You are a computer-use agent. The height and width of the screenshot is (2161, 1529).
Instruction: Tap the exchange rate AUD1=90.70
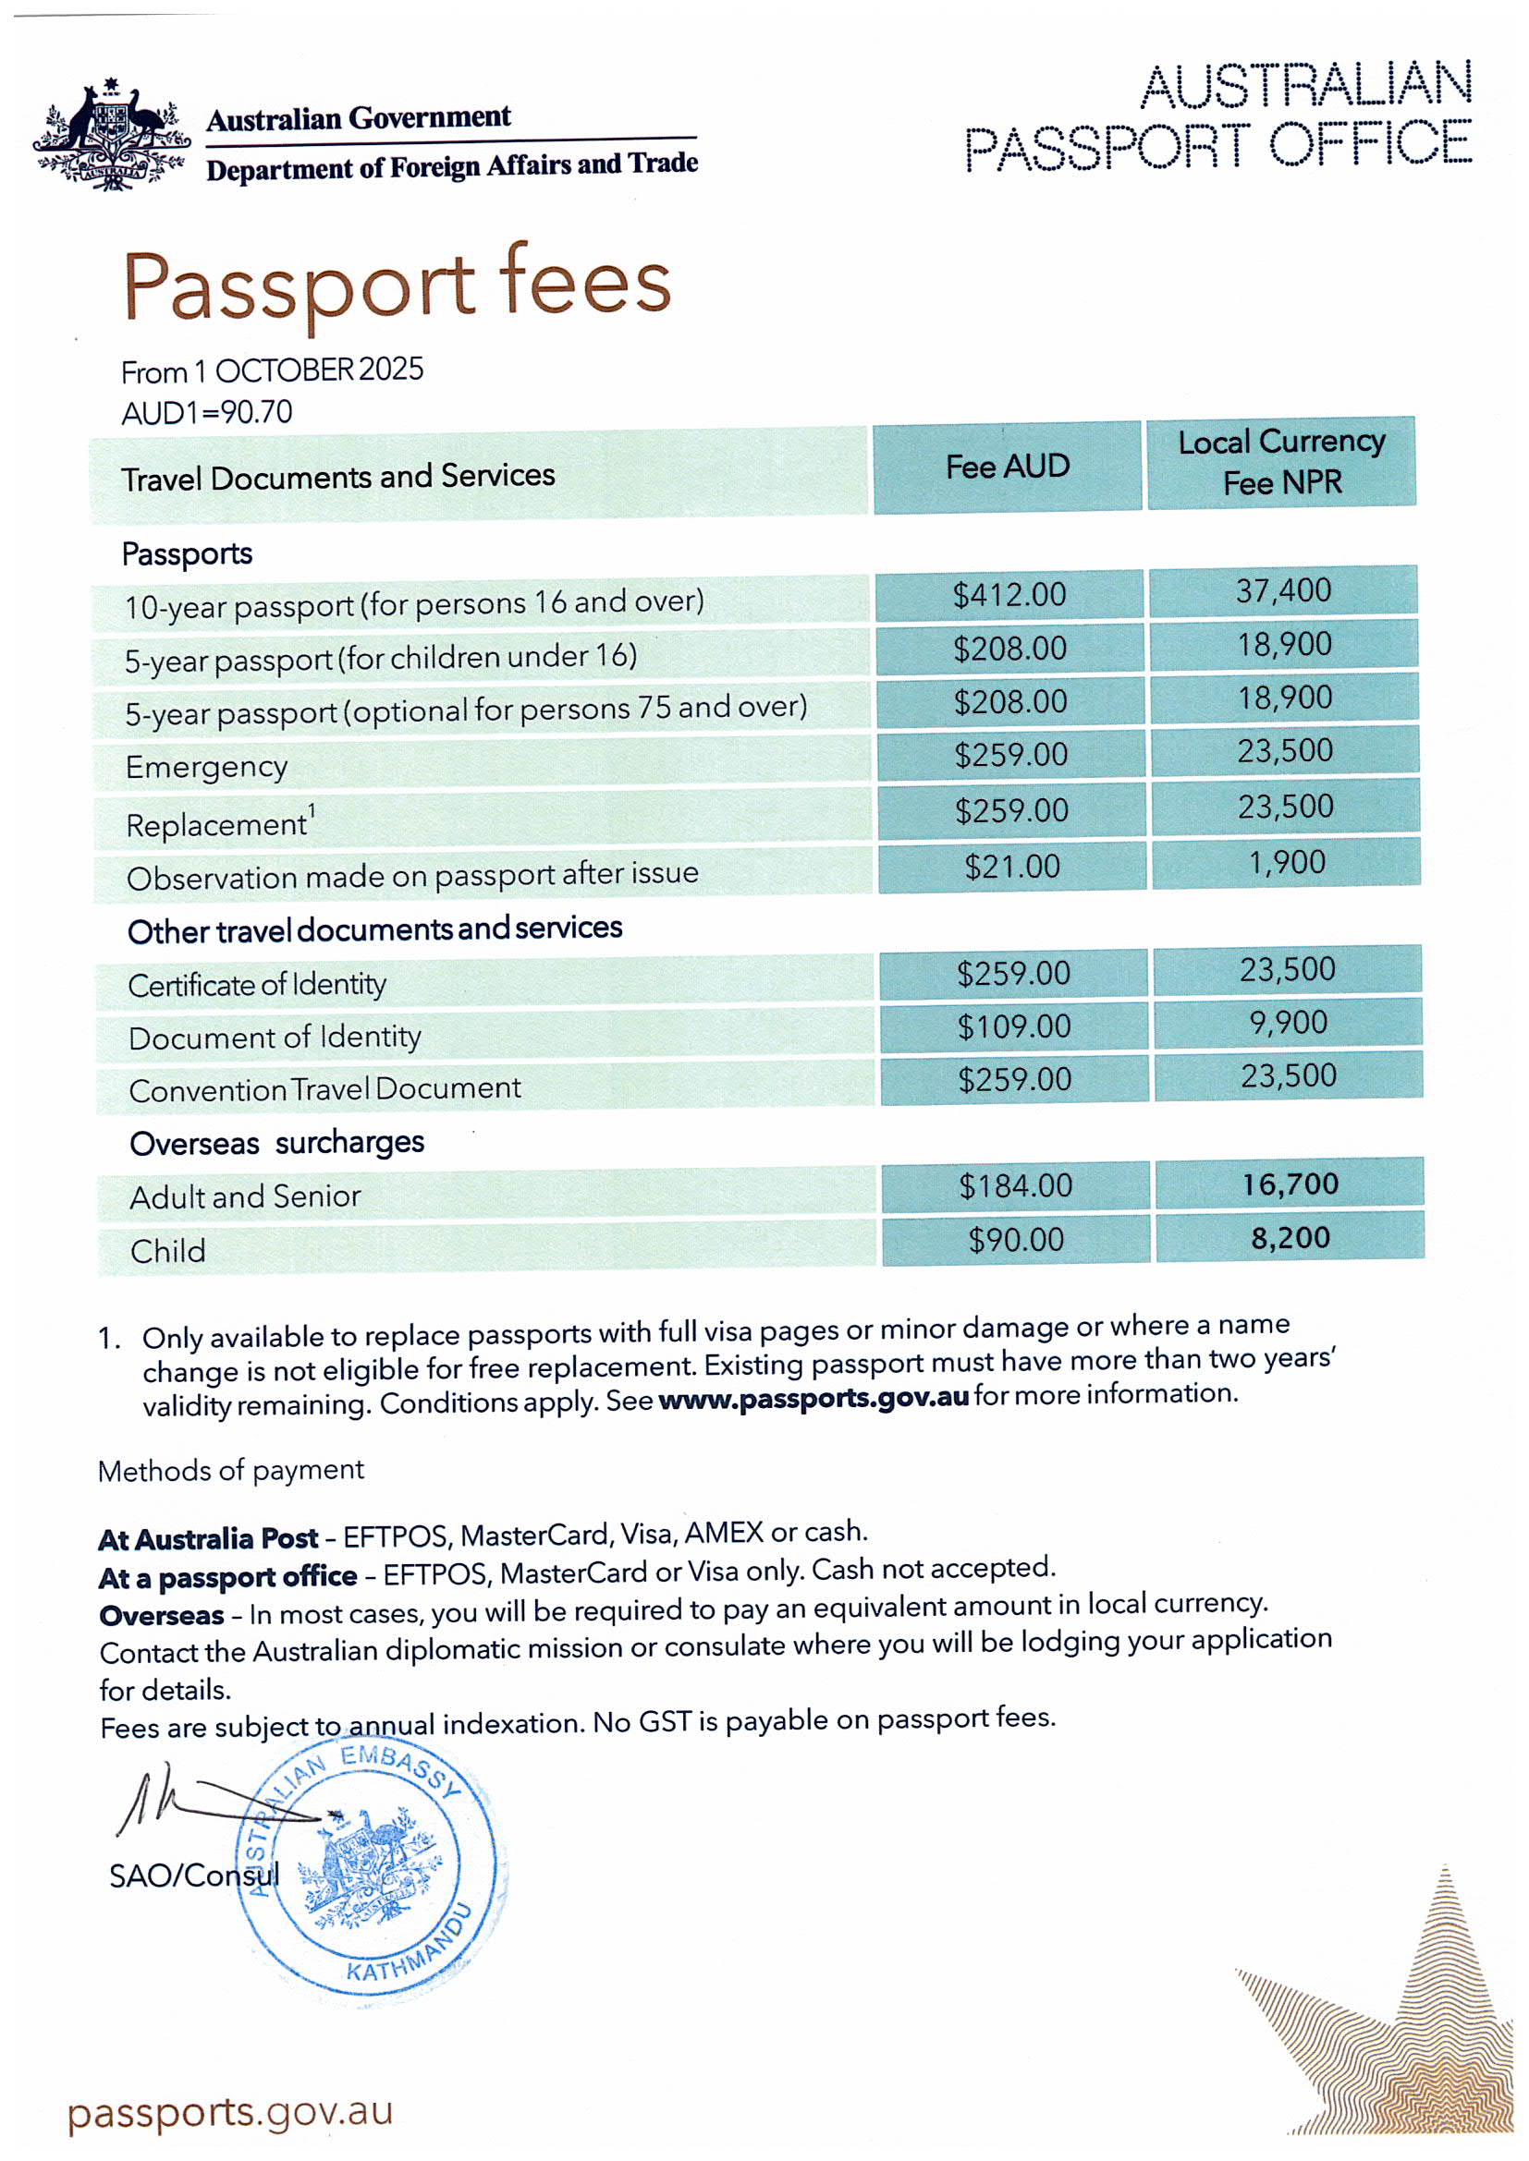(x=207, y=412)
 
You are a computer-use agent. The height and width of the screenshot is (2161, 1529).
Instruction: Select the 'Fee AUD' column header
(x=1007, y=467)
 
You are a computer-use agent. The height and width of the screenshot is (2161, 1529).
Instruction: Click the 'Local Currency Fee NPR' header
(x=1280, y=462)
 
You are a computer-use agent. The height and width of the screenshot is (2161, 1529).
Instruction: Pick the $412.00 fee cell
(x=1009, y=595)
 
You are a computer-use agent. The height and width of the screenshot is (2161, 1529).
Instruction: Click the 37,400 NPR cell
(x=1283, y=591)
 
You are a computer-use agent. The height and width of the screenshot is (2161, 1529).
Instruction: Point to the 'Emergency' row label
(x=206, y=767)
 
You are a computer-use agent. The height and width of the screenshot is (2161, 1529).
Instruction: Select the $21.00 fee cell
(x=1012, y=866)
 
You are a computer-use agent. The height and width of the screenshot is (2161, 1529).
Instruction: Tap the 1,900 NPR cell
(x=1286, y=862)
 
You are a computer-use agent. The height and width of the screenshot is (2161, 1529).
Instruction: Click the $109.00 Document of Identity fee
(x=1014, y=1026)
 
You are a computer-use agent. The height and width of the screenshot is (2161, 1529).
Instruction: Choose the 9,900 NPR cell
(x=1288, y=1022)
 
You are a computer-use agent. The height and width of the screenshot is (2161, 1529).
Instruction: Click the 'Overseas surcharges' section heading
(x=276, y=1144)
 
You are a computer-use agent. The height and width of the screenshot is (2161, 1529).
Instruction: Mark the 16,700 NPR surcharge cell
(x=1290, y=1184)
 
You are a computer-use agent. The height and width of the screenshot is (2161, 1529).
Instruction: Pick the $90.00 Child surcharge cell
(x=1016, y=1240)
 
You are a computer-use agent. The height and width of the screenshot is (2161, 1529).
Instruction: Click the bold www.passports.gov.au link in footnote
(x=813, y=1399)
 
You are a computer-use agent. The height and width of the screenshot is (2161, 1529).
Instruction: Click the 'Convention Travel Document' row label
(x=324, y=1090)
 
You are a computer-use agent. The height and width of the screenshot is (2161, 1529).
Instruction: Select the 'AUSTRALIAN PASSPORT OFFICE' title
(x=1218, y=116)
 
